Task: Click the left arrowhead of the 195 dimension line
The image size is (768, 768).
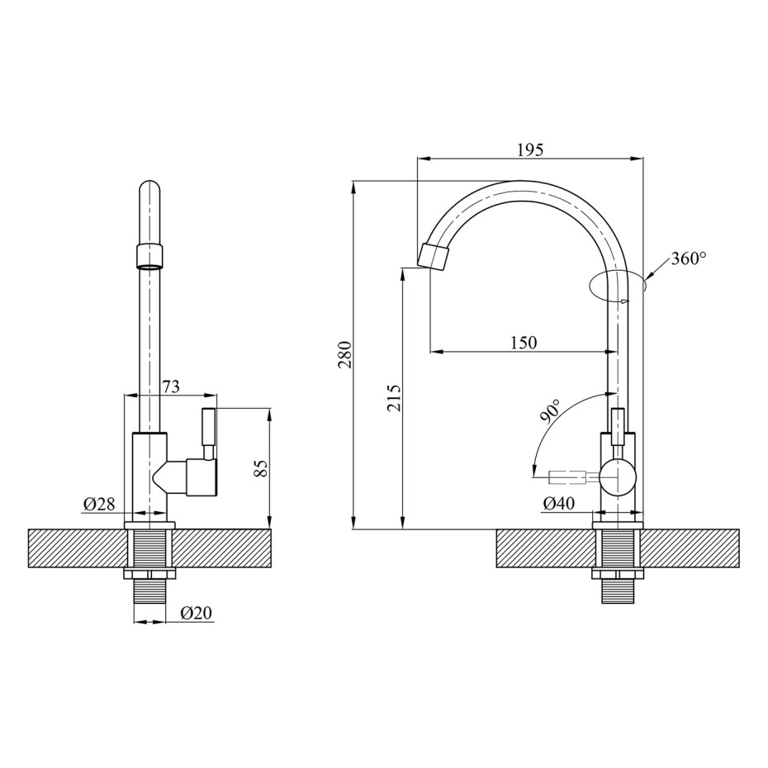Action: coord(423,159)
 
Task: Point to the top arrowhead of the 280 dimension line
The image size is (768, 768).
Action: coord(353,187)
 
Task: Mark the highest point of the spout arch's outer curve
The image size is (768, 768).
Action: coord(520,181)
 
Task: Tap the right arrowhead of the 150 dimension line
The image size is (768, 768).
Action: coord(611,351)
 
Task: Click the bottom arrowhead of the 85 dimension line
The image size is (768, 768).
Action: coord(268,522)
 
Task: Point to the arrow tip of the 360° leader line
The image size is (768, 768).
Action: coord(646,278)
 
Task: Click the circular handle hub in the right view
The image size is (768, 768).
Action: coord(618,476)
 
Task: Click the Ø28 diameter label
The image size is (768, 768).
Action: coord(99,504)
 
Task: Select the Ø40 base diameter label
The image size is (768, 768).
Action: coord(559,503)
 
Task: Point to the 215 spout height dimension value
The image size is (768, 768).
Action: coord(395,397)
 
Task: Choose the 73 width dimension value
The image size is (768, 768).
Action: coord(170,386)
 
